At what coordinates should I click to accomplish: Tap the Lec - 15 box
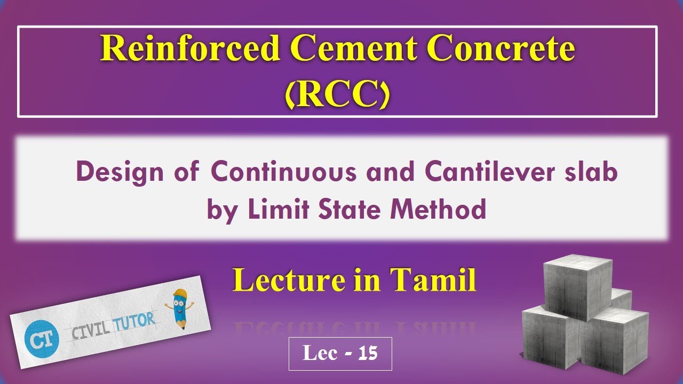click(x=340, y=354)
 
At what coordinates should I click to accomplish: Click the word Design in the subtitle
click(x=111, y=173)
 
